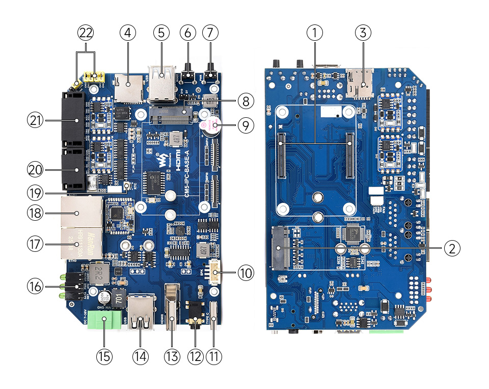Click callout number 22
[86, 33]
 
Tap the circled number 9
[245, 125]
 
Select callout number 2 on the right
[451, 248]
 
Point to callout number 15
[104, 356]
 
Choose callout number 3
[363, 33]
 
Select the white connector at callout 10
[215, 273]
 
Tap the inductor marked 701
[118, 298]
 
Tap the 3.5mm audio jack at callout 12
[194, 315]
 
